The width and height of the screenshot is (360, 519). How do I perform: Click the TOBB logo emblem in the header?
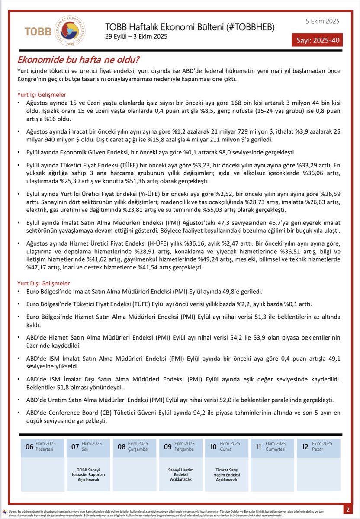point(72,31)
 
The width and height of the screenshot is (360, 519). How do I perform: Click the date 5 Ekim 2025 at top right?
point(322,21)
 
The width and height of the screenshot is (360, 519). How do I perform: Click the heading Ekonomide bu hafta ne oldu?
point(78,60)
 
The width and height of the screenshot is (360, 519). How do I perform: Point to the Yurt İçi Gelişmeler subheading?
point(42,95)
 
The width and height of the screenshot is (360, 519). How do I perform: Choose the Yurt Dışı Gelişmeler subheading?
point(43,283)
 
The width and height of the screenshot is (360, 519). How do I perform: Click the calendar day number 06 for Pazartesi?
point(29,447)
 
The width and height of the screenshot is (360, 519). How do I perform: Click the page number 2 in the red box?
point(348,509)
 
